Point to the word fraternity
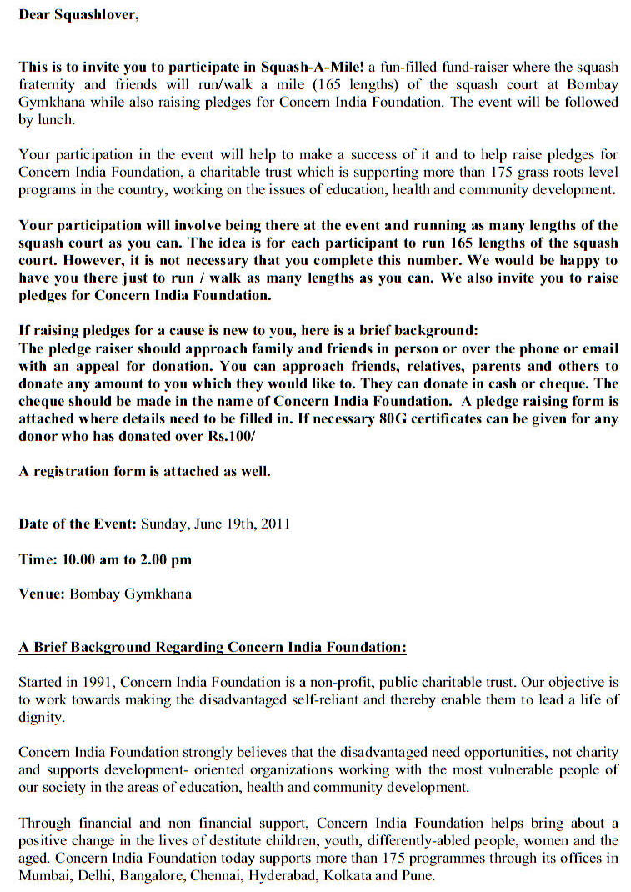49,84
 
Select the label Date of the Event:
78,524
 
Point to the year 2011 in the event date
274,524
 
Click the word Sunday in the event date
163,524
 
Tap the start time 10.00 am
91,559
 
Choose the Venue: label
42,594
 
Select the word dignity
42,718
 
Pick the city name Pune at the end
418,876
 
